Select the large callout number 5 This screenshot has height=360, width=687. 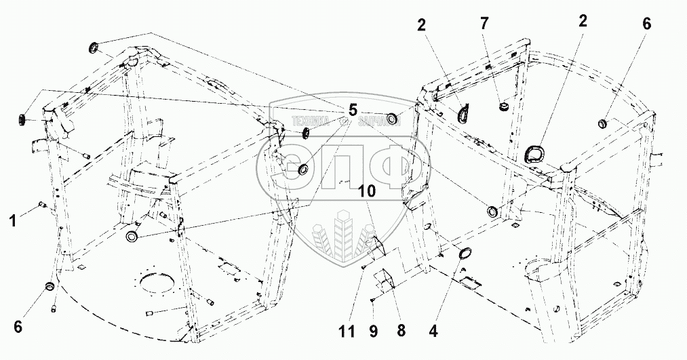pyautogui.click(x=353, y=109)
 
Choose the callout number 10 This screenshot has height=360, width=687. pyautogui.click(x=367, y=192)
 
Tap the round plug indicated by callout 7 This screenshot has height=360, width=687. pyautogui.click(x=504, y=106)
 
